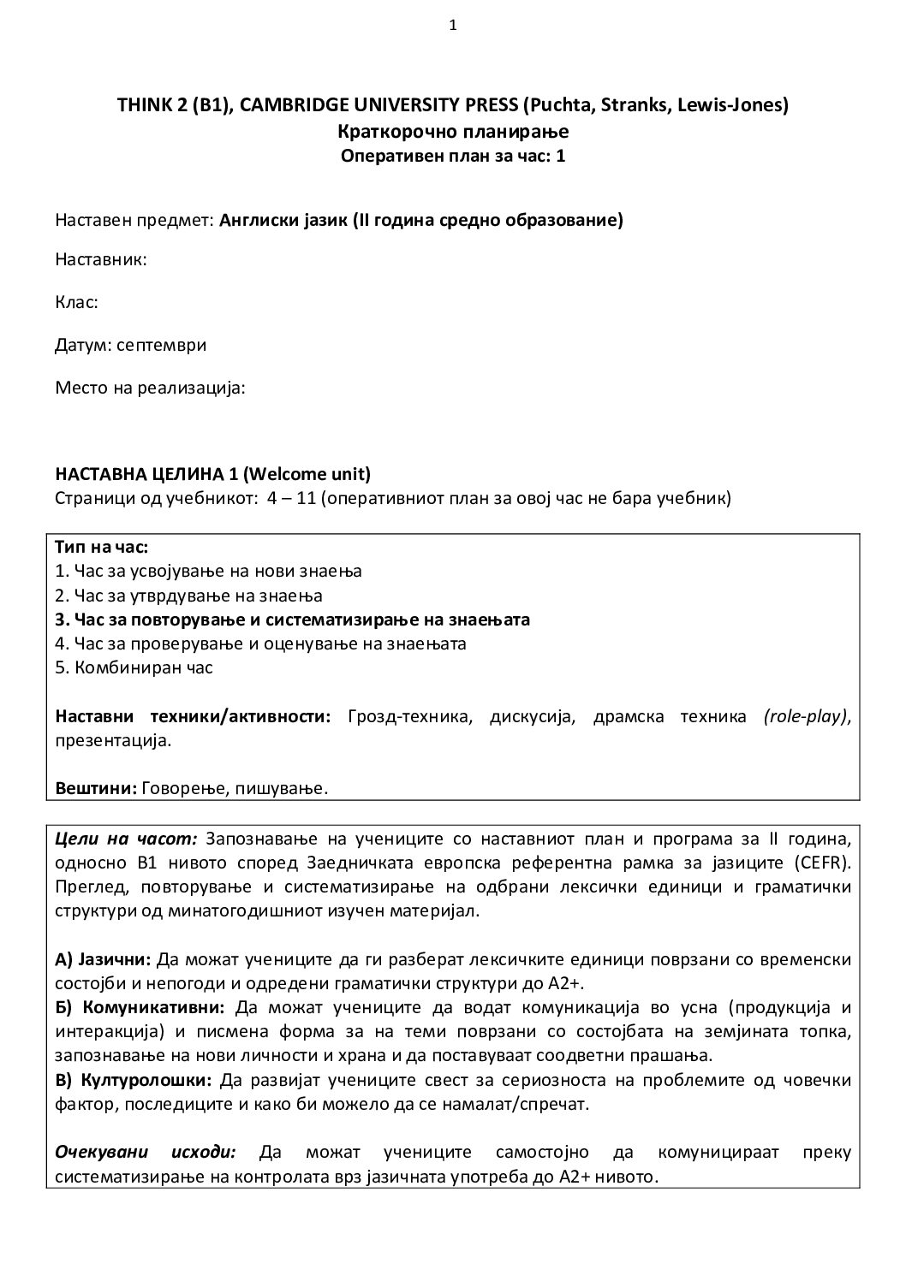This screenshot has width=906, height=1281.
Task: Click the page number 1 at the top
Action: [453, 25]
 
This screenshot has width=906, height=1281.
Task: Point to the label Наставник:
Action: [101, 260]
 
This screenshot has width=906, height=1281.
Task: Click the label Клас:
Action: [76, 302]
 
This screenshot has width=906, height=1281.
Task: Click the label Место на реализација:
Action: [151, 388]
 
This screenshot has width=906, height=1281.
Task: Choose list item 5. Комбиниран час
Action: [134, 668]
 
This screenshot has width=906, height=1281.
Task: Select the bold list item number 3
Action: [60, 620]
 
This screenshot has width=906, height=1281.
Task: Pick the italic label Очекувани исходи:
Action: [145, 1153]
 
